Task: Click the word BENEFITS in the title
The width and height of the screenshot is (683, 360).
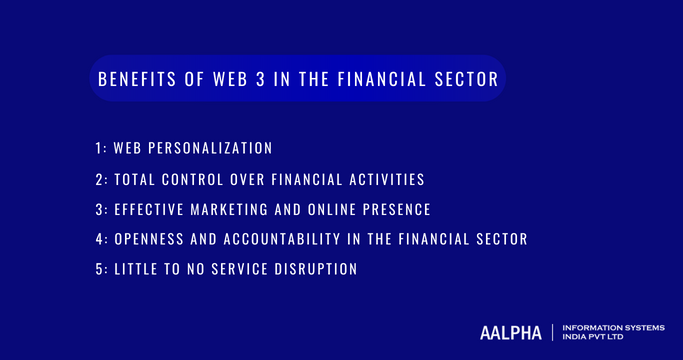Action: pos(130,80)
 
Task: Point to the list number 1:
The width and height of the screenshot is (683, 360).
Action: pos(101,148)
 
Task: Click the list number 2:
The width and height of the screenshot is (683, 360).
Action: pos(102,179)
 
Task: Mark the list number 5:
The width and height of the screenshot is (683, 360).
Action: pos(102,269)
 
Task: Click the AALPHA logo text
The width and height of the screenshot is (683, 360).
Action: pos(512,332)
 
